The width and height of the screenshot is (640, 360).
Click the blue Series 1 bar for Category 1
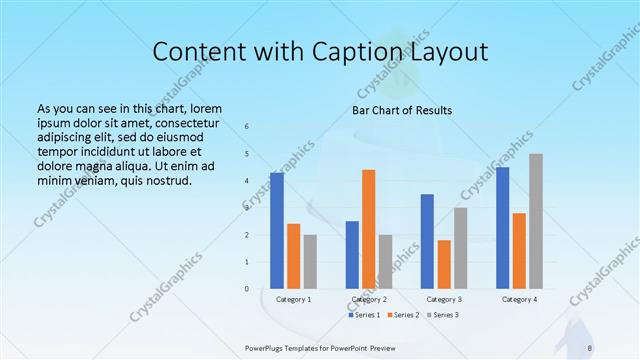(277, 230)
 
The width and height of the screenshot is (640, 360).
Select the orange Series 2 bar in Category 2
(368, 229)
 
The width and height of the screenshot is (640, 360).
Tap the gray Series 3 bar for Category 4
(536, 221)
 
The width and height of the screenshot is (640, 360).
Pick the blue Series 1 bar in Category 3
(427, 241)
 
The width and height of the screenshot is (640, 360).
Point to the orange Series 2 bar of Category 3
(444, 264)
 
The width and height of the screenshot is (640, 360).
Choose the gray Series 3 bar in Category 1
(310, 261)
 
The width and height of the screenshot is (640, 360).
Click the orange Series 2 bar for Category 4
(519, 250)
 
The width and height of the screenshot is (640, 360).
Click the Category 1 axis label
(293, 299)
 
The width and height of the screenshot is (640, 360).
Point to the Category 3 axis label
(444, 299)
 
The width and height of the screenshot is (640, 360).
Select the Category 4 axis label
(519, 299)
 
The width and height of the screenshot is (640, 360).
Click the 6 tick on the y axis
(247, 127)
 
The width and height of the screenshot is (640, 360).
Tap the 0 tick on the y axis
(247, 289)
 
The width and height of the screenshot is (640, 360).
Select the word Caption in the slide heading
(351, 51)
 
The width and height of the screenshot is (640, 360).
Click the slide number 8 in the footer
(590, 347)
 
